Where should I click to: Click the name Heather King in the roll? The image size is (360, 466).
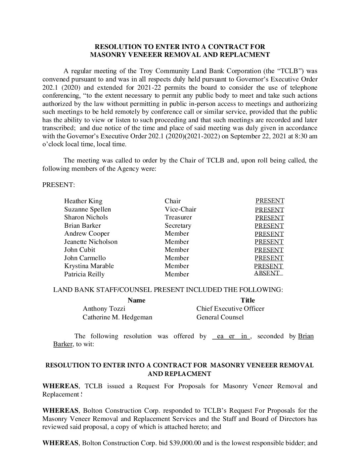click(83, 201)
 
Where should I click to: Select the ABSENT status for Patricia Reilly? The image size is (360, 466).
click(267, 273)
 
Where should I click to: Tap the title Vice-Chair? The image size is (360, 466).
click(180, 210)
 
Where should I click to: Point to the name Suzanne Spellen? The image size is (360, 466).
click(87, 210)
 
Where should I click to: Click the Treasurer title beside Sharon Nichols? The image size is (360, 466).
click(178, 217)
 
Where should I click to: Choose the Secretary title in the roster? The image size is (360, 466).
click(178, 226)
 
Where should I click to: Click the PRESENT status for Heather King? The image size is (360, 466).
click(270, 201)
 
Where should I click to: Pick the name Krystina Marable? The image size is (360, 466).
click(89, 266)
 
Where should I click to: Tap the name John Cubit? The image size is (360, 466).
click(79, 250)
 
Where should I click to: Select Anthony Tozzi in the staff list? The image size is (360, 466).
click(104, 309)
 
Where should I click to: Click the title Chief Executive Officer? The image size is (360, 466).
click(230, 309)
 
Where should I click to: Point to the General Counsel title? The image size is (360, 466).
click(220, 317)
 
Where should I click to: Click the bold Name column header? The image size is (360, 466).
click(136, 301)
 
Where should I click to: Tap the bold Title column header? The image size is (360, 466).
click(247, 301)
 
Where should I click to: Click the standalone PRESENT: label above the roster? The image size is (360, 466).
click(59, 185)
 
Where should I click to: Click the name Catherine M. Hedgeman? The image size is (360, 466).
click(117, 317)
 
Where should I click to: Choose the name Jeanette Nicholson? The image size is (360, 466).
click(91, 242)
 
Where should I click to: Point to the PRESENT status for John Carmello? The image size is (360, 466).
click(269, 258)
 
